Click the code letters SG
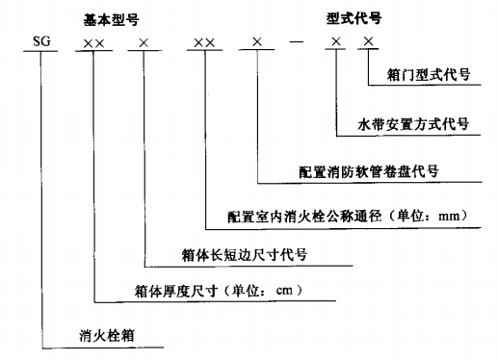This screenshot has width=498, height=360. tap(42, 43)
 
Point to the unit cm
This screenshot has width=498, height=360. tap(288, 289)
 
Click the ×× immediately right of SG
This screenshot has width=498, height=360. tap(94, 43)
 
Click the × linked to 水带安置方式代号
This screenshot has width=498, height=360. tap(333, 43)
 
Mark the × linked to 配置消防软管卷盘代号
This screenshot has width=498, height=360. tap(256, 43)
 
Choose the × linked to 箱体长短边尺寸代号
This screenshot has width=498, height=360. tap(143, 43)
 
